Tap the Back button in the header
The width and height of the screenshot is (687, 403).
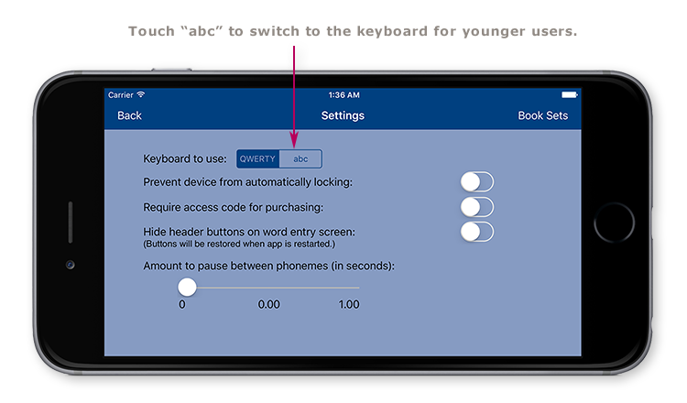pos(129,115)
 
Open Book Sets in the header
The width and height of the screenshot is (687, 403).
pos(542,115)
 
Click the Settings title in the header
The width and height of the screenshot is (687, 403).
pos(343,115)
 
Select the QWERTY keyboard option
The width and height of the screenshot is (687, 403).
pos(257,158)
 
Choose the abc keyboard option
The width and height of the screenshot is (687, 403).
pos(300,158)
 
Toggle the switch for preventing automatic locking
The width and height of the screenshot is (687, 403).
pos(477,181)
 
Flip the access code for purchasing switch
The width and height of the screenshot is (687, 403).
pos(477,207)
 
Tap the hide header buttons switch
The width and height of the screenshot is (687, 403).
pos(477,232)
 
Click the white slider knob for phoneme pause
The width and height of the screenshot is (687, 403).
pos(187,287)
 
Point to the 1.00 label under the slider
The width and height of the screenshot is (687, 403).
pos(348,304)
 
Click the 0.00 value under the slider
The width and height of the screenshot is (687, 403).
pos(268,304)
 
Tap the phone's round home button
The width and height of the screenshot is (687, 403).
pos(614,223)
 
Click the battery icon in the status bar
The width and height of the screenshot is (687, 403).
pos(570,95)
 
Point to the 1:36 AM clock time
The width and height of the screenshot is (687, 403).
pos(343,95)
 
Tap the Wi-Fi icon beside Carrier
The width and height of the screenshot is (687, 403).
pos(140,95)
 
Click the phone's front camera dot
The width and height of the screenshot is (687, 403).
pos(71,265)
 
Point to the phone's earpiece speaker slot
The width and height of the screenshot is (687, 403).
pos(71,223)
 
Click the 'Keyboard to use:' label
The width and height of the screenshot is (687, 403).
pos(185,158)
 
